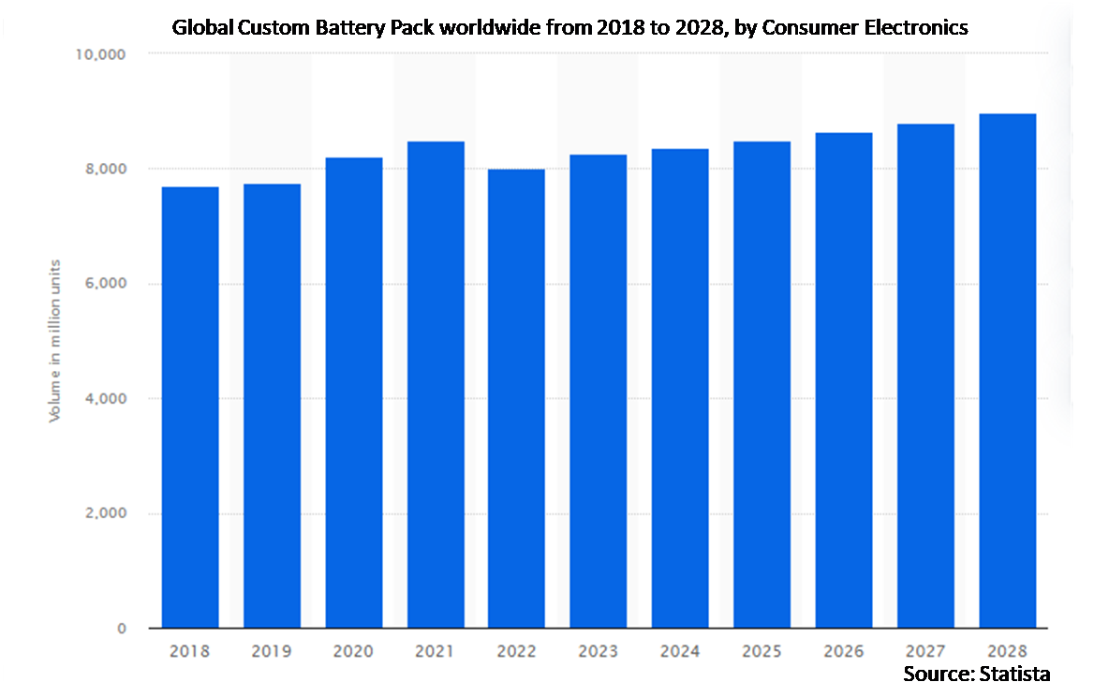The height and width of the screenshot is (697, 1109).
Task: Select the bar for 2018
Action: pyautogui.click(x=190, y=408)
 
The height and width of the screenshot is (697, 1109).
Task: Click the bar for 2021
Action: pyautogui.click(x=436, y=384)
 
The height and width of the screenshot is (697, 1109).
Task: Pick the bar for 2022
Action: pyautogui.click(x=517, y=398)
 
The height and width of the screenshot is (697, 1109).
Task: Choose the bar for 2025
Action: pyautogui.click(x=762, y=384)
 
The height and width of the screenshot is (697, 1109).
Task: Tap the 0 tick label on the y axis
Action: pyautogui.click(x=122, y=629)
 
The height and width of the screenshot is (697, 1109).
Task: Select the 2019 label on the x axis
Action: pyautogui.click(x=272, y=650)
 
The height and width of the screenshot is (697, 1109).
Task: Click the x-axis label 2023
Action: pyautogui.click(x=599, y=650)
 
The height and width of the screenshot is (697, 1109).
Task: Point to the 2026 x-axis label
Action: pyautogui.click(x=844, y=650)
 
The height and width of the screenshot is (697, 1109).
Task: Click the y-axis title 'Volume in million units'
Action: pyautogui.click(x=55, y=339)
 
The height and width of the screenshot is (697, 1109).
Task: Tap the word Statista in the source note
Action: pyautogui.click(x=1016, y=674)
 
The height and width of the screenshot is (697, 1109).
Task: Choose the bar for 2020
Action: pyautogui.click(x=354, y=393)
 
